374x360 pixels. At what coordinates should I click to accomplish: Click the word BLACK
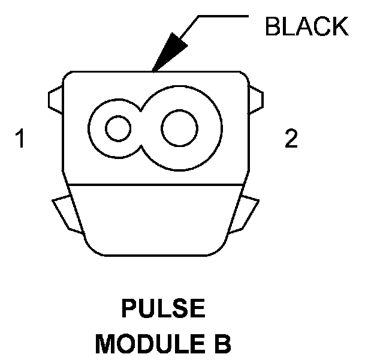[x=306, y=27]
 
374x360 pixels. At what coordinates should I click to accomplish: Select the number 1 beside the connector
[x=22, y=140]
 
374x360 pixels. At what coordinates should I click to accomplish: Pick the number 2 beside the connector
[x=291, y=140]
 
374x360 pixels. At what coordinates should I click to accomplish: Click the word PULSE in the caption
[x=163, y=310]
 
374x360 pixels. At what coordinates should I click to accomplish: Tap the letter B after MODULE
[x=223, y=344]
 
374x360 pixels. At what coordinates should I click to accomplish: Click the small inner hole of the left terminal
[x=117, y=128]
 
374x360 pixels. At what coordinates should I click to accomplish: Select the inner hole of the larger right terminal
[x=179, y=128]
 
